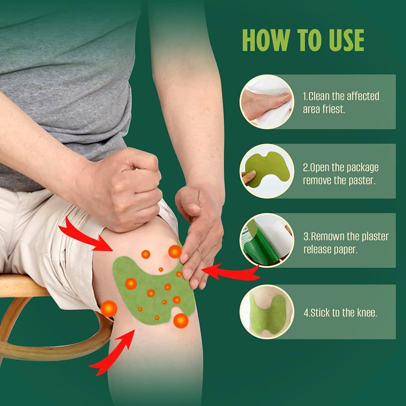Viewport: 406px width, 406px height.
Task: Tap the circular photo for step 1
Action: (266, 102)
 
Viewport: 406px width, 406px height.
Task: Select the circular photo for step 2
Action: (266, 171)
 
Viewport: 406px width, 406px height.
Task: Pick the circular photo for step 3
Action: (266, 240)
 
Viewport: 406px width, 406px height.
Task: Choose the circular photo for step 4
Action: (266, 312)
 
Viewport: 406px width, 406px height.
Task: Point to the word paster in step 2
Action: (361, 181)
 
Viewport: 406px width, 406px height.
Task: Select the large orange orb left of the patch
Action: (108, 309)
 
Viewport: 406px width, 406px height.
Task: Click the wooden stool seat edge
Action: (22, 286)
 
